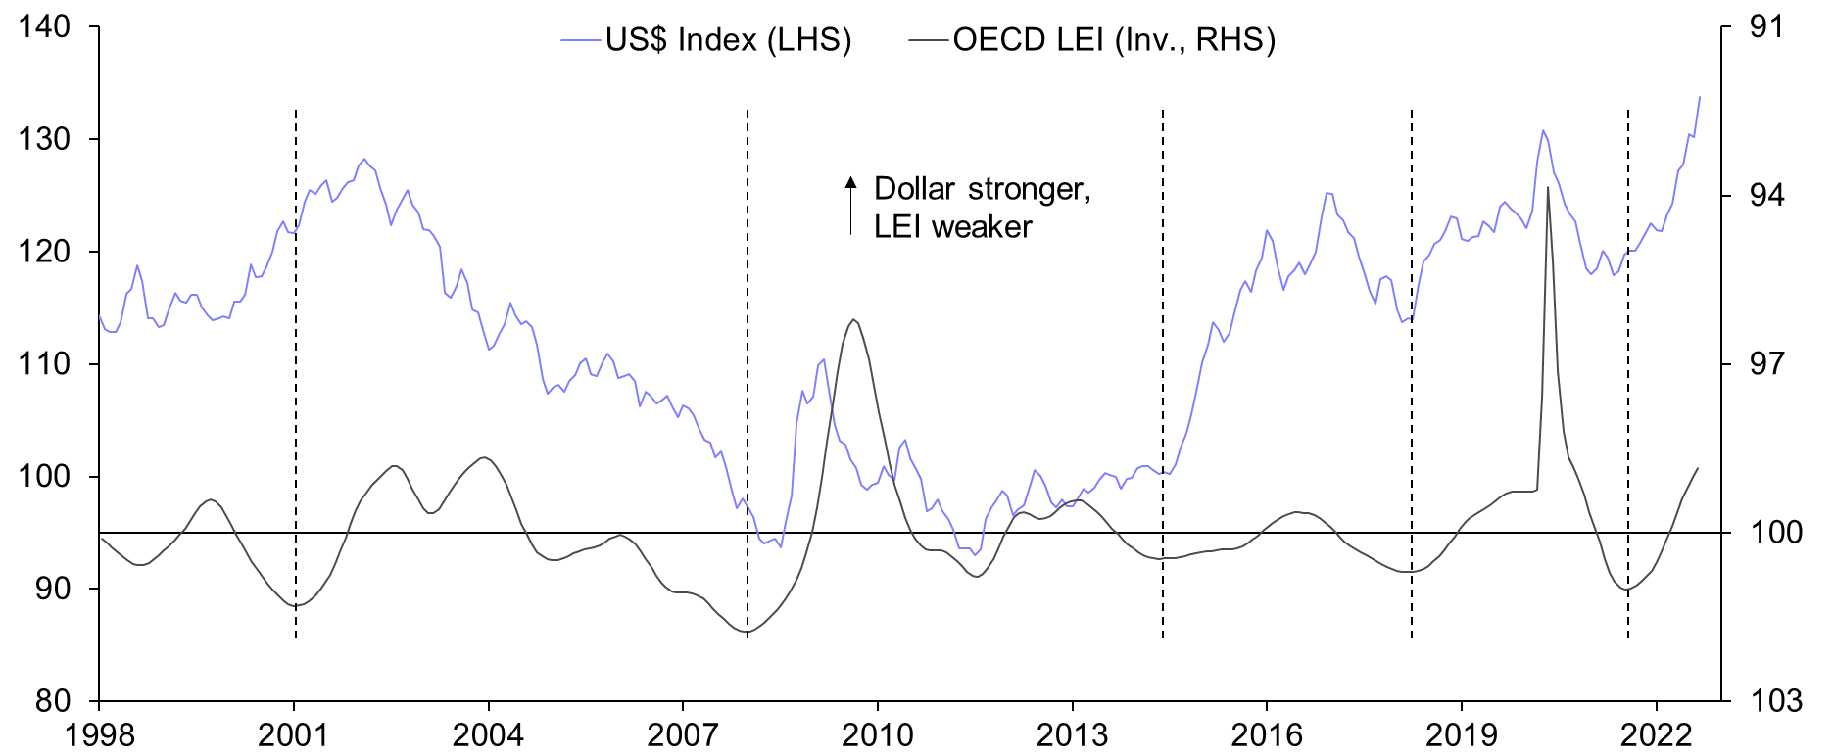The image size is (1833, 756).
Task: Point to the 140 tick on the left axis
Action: click(45, 26)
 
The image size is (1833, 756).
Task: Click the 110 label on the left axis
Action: click(45, 364)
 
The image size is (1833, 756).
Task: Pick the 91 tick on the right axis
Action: click(1766, 26)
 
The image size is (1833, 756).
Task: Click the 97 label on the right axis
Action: click(1766, 364)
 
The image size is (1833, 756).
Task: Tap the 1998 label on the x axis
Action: click(99, 734)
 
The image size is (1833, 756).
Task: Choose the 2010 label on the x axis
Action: click(877, 734)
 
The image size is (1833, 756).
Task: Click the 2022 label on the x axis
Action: click(1656, 734)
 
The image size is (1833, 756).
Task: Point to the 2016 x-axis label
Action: click(1266, 734)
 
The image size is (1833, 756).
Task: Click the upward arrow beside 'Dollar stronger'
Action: click(851, 205)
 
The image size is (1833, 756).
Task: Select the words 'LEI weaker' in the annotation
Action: click(952, 227)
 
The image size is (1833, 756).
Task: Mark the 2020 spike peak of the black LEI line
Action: click(1548, 187)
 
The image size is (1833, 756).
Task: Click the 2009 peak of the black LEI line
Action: click(853, 319)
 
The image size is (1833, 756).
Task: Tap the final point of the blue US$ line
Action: click(1700, 96)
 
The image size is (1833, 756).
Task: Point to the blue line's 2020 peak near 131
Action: click(1542, 130)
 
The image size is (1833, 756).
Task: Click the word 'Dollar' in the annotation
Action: click(914, 188)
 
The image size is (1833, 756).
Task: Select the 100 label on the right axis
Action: click(1775, 533)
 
